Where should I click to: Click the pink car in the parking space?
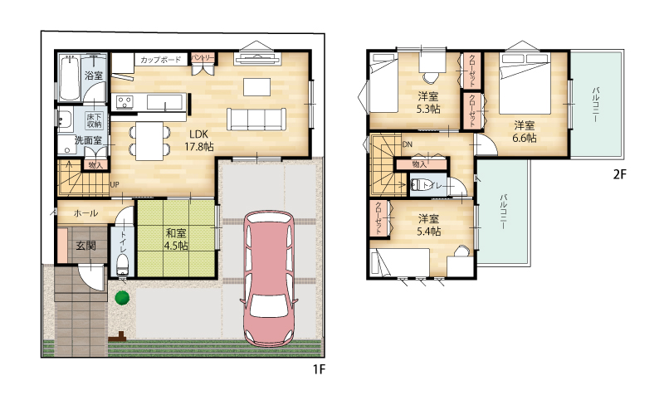(x=269, y=279)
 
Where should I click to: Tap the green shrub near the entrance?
(x=122, y=297)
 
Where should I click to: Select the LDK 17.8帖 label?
(x=198, y=140)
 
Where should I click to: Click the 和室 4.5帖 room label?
(x=177, y=239)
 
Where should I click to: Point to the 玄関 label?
(x=85, y=246)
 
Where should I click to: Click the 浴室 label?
(x=94, y=76)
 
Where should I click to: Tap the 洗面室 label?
(x=88, y=140)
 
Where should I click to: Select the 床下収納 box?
(x=94, y=120)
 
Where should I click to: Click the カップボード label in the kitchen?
(x=160, y=60)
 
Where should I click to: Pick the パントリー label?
(x=203, y=57)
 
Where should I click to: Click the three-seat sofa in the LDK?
(x=256, y=119)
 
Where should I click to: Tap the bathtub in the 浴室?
(x=70, y=78)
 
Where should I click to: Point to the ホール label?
(x=86, y=213)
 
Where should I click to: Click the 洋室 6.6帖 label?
(x=525, y=132)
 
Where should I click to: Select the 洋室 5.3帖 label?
(x=428, y=103)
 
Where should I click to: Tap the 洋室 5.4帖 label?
(x=428, y=225)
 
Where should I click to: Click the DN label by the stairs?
(x=407, y=144)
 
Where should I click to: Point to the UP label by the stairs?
(x=115, y=185)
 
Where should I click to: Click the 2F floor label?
(x=619, y=174)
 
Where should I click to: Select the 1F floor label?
(x=319, y=369)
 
